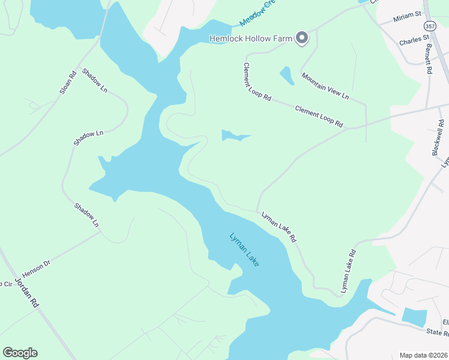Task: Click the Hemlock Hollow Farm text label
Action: point(250,38)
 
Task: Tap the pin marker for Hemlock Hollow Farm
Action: point(302,38)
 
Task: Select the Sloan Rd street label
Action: point(67,83)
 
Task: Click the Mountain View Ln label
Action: point(325,86)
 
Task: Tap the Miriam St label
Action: point(408,17)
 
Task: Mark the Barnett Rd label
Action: point(429,58)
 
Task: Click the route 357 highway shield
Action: point(430,26)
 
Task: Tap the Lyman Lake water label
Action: point(244,250)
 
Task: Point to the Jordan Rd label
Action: point(27,292)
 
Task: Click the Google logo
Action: point(20,353)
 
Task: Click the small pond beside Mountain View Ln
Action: point(286,76)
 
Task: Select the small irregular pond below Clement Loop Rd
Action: point(234,136)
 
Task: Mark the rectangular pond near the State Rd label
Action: point(414,317)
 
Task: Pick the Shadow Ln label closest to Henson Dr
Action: point(86,215)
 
